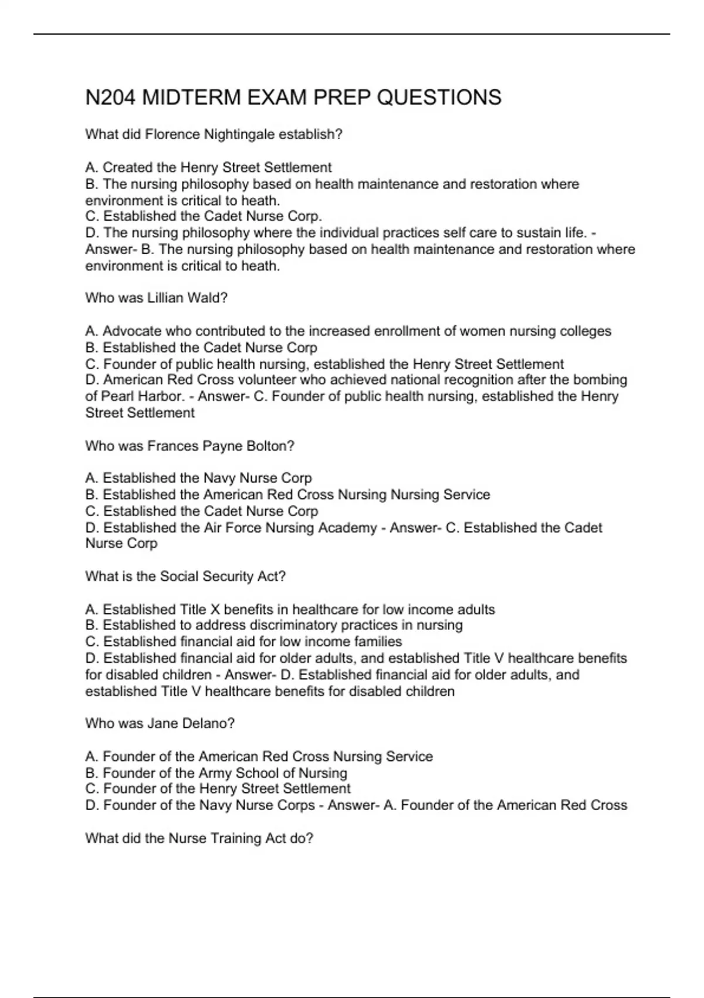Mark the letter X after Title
coord(215,609)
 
